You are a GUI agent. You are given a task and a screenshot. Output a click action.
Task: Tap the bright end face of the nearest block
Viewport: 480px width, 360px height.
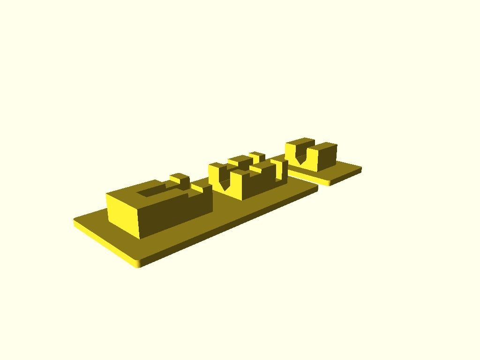(x=123, y=214)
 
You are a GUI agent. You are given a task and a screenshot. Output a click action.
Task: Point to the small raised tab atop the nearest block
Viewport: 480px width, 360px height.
(x=180, y=178)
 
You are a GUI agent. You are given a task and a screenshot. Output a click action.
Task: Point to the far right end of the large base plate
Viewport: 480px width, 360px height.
(x=316, y=188)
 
